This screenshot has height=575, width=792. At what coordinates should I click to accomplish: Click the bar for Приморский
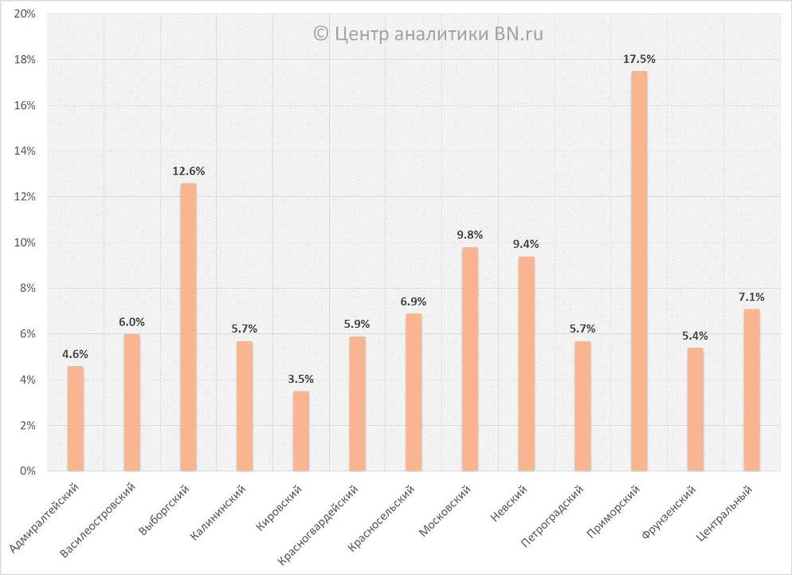click(639, 271)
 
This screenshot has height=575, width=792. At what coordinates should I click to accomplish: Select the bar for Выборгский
click(188, 327)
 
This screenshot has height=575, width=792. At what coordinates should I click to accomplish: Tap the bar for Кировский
click(301, 431)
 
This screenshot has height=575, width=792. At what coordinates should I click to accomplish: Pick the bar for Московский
click(470, 359)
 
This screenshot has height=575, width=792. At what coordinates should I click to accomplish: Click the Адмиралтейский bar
click(76, 418)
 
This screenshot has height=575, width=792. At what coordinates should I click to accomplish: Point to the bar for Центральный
click(751, 390)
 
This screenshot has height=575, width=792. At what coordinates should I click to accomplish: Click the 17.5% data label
click(639, 59)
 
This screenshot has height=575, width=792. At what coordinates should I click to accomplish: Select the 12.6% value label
click(188, 171)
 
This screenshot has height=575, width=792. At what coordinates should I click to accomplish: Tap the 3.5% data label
click(301, 379)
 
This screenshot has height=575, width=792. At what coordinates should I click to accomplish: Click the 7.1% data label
click(751, 297)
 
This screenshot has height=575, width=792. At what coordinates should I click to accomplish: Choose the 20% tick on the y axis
click(25, 14)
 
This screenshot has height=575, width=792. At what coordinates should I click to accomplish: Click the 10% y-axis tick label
click(25, 242)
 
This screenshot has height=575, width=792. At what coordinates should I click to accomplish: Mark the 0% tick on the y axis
click(27, 471)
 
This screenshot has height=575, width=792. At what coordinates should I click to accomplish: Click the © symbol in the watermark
click(320, 33)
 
